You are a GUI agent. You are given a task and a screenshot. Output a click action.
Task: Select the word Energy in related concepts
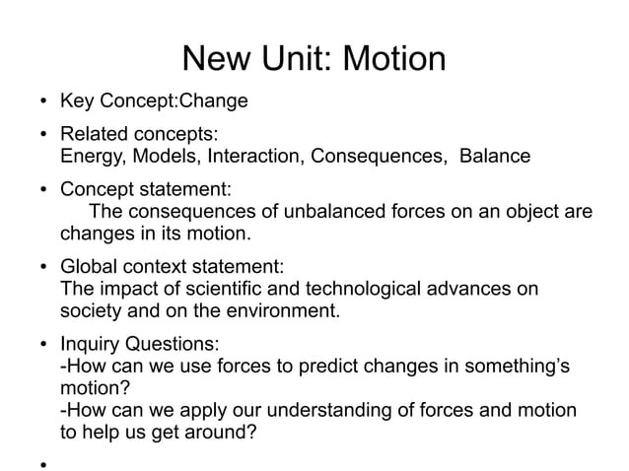coord(91,157)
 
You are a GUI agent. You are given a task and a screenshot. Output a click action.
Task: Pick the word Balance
coord(496,157)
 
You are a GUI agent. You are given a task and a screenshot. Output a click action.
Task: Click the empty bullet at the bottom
coord(44,457)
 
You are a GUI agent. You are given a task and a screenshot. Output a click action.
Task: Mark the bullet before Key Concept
coord(44,102)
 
